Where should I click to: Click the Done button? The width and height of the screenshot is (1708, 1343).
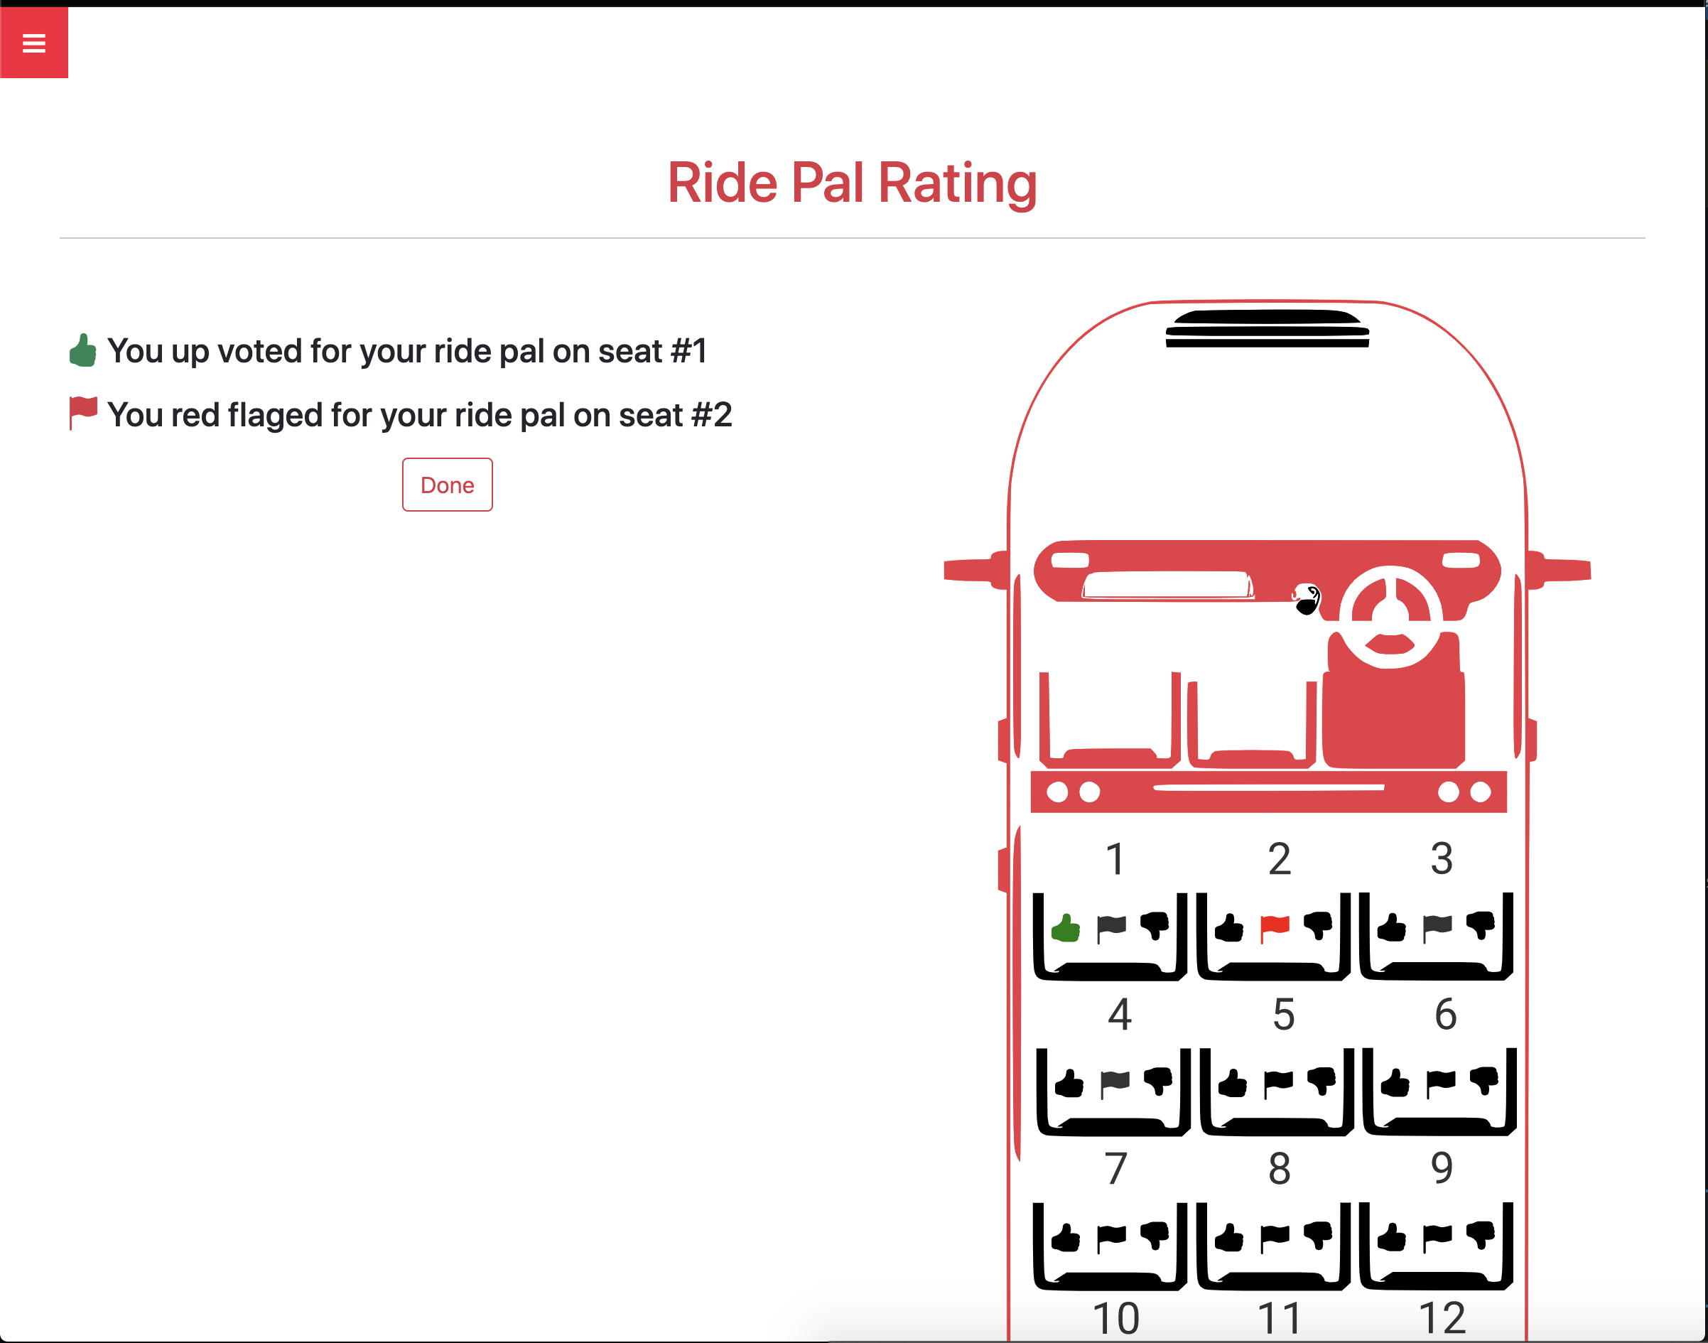tap(447, 485)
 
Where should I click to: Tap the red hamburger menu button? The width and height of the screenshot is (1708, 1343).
tap(34, 43)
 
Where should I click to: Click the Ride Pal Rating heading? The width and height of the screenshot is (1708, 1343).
tap(852, 183)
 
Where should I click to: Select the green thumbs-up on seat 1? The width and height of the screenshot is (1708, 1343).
tap(1066, 927)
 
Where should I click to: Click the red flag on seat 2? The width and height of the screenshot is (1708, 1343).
tap(1275, 927)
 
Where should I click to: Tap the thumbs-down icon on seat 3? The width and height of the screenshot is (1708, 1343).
tap(1481, 925)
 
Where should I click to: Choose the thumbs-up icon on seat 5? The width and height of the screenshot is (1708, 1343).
tap(1233, 1083)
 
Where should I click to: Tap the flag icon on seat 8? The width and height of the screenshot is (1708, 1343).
tap(1275, 1239)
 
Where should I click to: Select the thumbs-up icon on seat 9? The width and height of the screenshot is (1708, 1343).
tap(1391, 1237)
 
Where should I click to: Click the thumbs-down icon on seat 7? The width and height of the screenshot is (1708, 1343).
tap(1155, 1235)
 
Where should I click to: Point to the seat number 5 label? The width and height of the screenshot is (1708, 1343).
tap(1284, 1014)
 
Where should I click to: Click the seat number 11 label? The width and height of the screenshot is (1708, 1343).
tap(1280, 1320)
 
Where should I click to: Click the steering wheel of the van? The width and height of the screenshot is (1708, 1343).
tap(1390, 617)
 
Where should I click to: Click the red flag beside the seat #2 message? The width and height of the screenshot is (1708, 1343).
tap(82, 414)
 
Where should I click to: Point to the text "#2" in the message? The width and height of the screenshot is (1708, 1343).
tap(711, 414)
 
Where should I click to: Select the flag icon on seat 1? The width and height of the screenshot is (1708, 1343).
tap(1111, 929)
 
